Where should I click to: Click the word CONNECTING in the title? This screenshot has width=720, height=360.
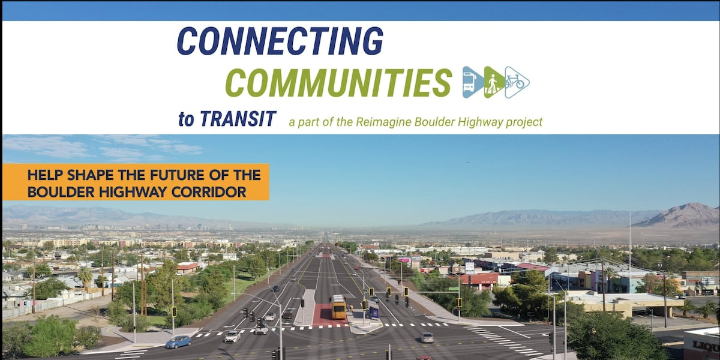(x=280, y=41)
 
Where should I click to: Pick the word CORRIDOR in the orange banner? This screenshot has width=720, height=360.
(x=208, y=191)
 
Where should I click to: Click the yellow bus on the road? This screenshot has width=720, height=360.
(x=338, y=307)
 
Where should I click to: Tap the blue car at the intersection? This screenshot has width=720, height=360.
(x=178, y=341)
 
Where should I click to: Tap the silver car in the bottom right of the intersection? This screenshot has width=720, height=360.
(x=426, y=337)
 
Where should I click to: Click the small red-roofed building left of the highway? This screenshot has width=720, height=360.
(x=187, y=268)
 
